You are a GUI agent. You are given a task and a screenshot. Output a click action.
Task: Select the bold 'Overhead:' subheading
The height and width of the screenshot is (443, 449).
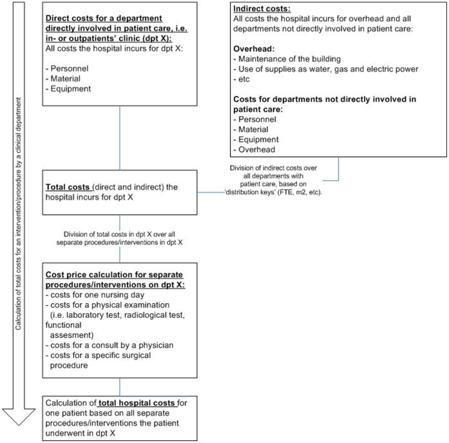[256, 49]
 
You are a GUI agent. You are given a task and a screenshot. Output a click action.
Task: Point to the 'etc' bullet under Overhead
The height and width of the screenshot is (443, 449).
[243, 78]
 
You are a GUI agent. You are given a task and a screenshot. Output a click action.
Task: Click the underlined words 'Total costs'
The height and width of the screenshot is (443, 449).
[68, 187]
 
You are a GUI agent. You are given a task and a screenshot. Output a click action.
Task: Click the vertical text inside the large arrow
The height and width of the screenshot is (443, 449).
[21, 213]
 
